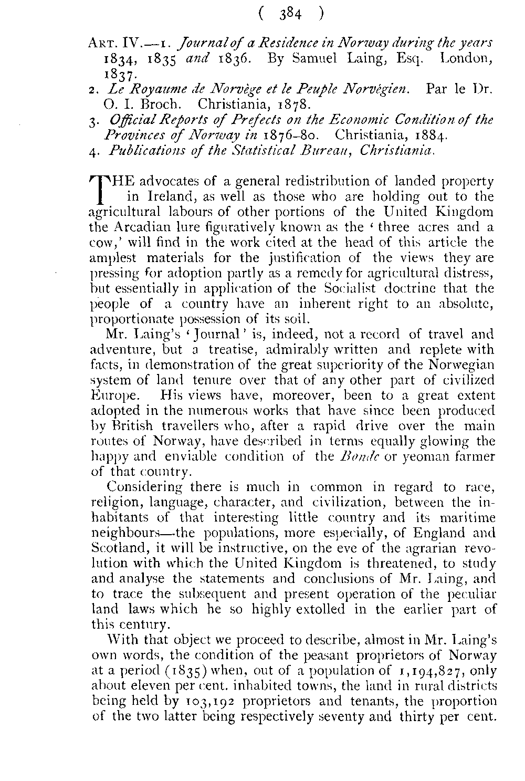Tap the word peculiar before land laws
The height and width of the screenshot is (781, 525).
coord(471,595)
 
